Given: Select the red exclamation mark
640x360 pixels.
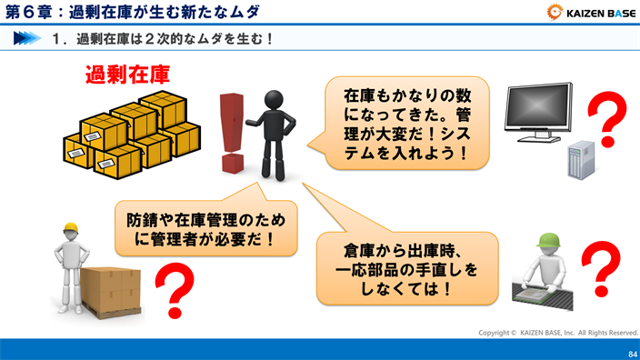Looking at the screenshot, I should [233, 133].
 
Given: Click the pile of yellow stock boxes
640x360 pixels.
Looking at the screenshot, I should [132, 135].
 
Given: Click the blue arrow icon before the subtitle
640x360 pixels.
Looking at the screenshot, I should [26, 39].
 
